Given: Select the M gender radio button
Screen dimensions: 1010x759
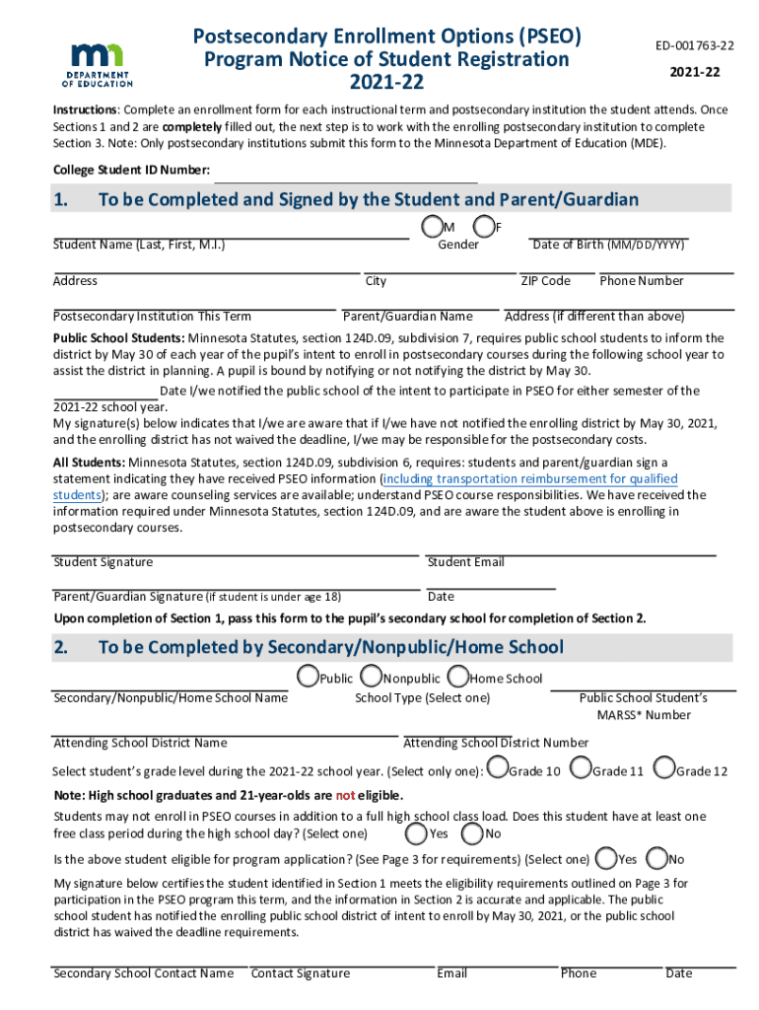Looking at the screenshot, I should tap(431, 227).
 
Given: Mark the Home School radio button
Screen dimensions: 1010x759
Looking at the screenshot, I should tap(457, 677).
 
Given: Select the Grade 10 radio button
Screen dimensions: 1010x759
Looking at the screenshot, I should tap(498, 767).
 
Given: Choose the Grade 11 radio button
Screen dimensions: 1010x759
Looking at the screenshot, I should tap(581, 767).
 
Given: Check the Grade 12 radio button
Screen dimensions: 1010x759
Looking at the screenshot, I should tap(664, 767).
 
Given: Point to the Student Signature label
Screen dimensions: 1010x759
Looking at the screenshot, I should tap(103, 562).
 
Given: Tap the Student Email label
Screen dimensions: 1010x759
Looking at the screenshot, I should tap(465, 562).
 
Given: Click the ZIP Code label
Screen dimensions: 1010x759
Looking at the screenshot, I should tap(545, 281).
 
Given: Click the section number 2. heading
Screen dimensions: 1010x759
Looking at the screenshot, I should tap(61, 647).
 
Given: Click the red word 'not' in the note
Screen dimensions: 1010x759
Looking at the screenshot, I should tap(345, 796).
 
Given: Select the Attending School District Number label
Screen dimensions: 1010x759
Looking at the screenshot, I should tap(496, 743).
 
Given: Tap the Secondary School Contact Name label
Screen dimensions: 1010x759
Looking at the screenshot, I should tap(143, 974).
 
